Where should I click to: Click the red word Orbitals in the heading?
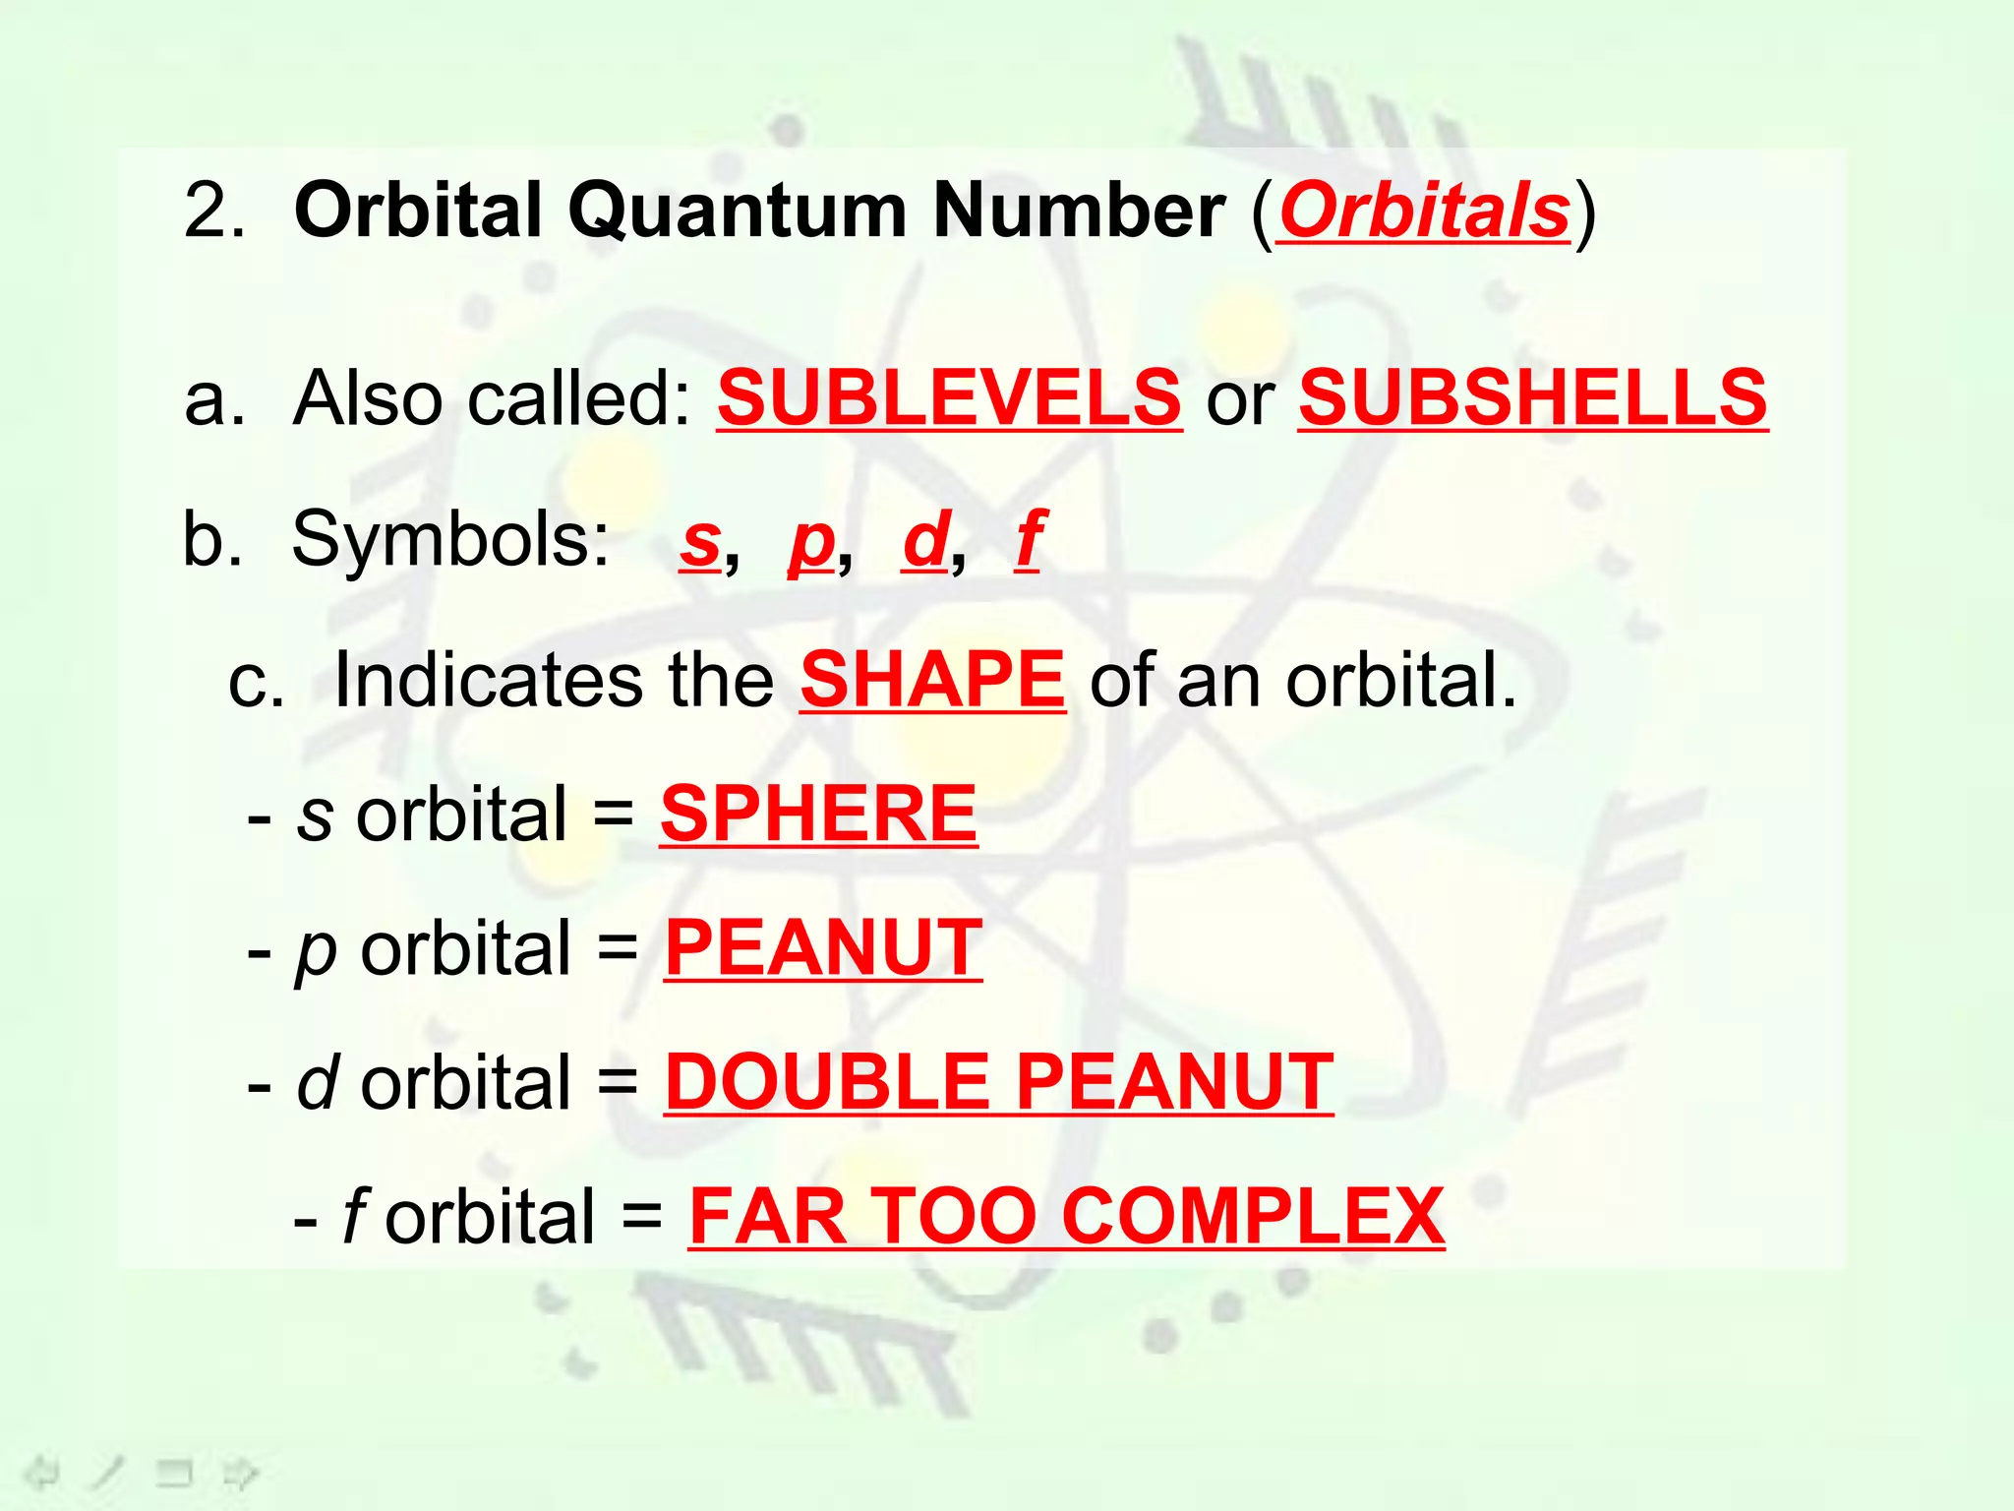1424,211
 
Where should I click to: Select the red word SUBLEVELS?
949,397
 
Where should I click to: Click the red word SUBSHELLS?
1533,397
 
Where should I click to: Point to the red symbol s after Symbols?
700,540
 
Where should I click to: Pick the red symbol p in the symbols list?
811,542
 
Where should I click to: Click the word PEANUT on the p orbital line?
823,947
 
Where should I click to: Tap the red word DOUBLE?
827,1082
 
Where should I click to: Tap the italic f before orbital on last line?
355,1216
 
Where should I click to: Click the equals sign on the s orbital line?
614,815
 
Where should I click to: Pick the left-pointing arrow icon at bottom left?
41,1473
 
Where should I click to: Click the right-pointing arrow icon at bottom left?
239,1473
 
